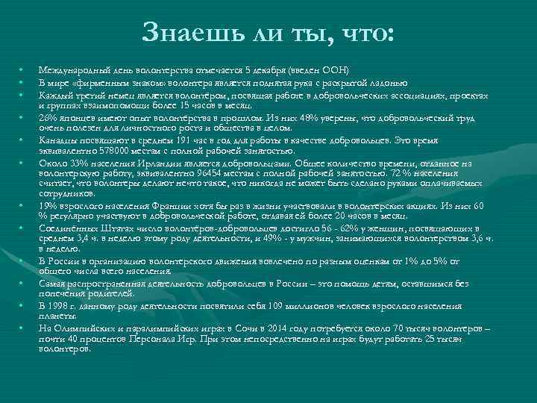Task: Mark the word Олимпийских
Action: pos(80,329)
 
